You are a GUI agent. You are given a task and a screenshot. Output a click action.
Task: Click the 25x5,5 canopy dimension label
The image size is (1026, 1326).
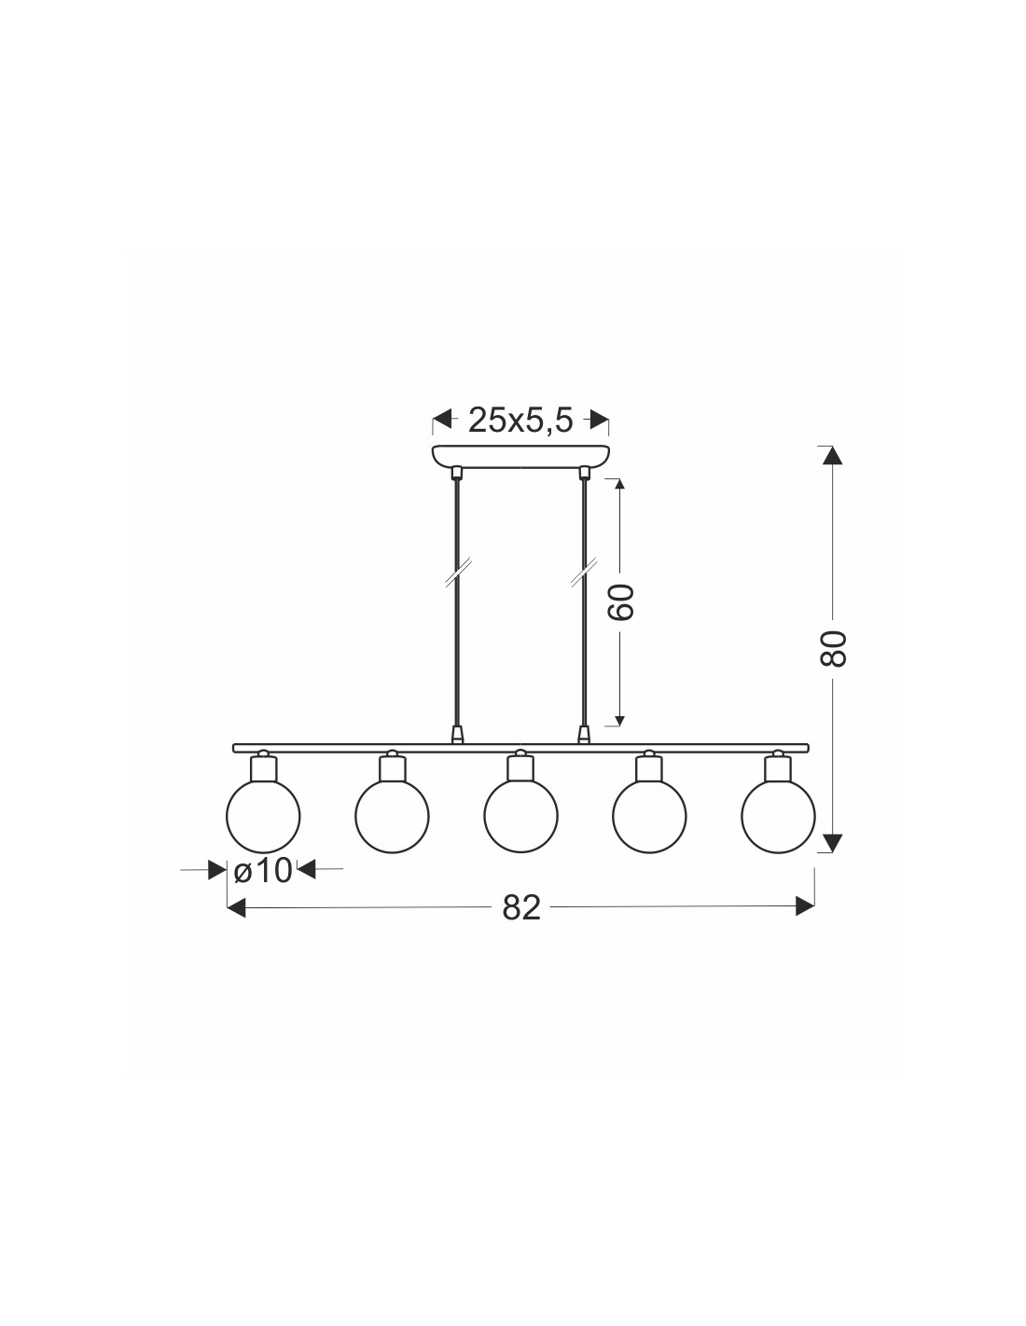520,421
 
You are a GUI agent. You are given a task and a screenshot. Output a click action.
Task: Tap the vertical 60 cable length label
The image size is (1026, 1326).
622,601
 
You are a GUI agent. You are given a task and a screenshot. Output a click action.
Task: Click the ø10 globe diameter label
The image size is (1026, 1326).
262,871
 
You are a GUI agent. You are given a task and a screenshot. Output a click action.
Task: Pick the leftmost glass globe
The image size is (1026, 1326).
263,816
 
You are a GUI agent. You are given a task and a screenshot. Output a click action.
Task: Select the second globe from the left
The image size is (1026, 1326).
392,816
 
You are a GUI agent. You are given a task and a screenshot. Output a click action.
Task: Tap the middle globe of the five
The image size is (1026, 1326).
520,816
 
